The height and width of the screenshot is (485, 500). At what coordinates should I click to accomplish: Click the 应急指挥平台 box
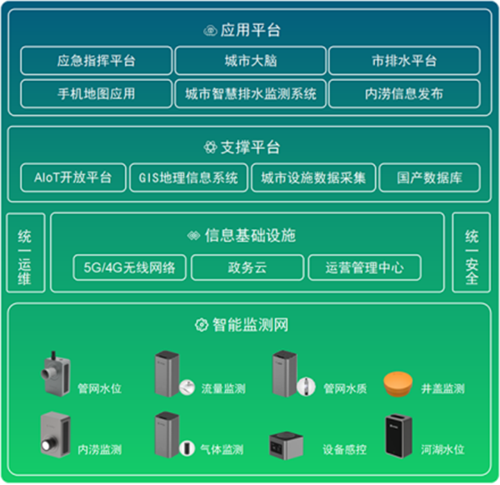pos(96,61)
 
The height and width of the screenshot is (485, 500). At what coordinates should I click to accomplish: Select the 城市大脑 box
pos(250,61)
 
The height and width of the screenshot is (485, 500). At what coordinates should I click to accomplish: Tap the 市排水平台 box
pos(404,61)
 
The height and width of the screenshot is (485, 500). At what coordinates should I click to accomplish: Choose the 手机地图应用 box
pos(96,93)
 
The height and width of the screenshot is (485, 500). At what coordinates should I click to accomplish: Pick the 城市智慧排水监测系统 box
pos(250,93)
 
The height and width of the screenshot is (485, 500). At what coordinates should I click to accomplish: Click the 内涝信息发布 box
pos(404,93)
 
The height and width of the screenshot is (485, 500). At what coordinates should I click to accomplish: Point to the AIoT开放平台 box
pos(72,177)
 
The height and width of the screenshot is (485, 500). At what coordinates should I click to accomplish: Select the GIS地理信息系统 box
pos(188,177)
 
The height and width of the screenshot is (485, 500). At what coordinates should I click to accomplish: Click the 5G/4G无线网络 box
pos(129,267)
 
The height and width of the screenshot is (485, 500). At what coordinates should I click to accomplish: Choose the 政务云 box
pos(247,267)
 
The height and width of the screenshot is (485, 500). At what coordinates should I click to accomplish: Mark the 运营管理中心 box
pos(364,267)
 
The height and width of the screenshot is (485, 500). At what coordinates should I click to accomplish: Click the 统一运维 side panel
pos(25,253)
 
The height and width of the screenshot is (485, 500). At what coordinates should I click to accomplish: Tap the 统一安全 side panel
pos(472,253)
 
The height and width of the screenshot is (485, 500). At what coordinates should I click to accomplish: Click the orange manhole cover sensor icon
pos(400,384)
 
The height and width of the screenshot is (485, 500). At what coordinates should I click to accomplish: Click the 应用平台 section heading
pos(250,30)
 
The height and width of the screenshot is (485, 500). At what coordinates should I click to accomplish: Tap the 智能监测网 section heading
pos(250,325)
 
